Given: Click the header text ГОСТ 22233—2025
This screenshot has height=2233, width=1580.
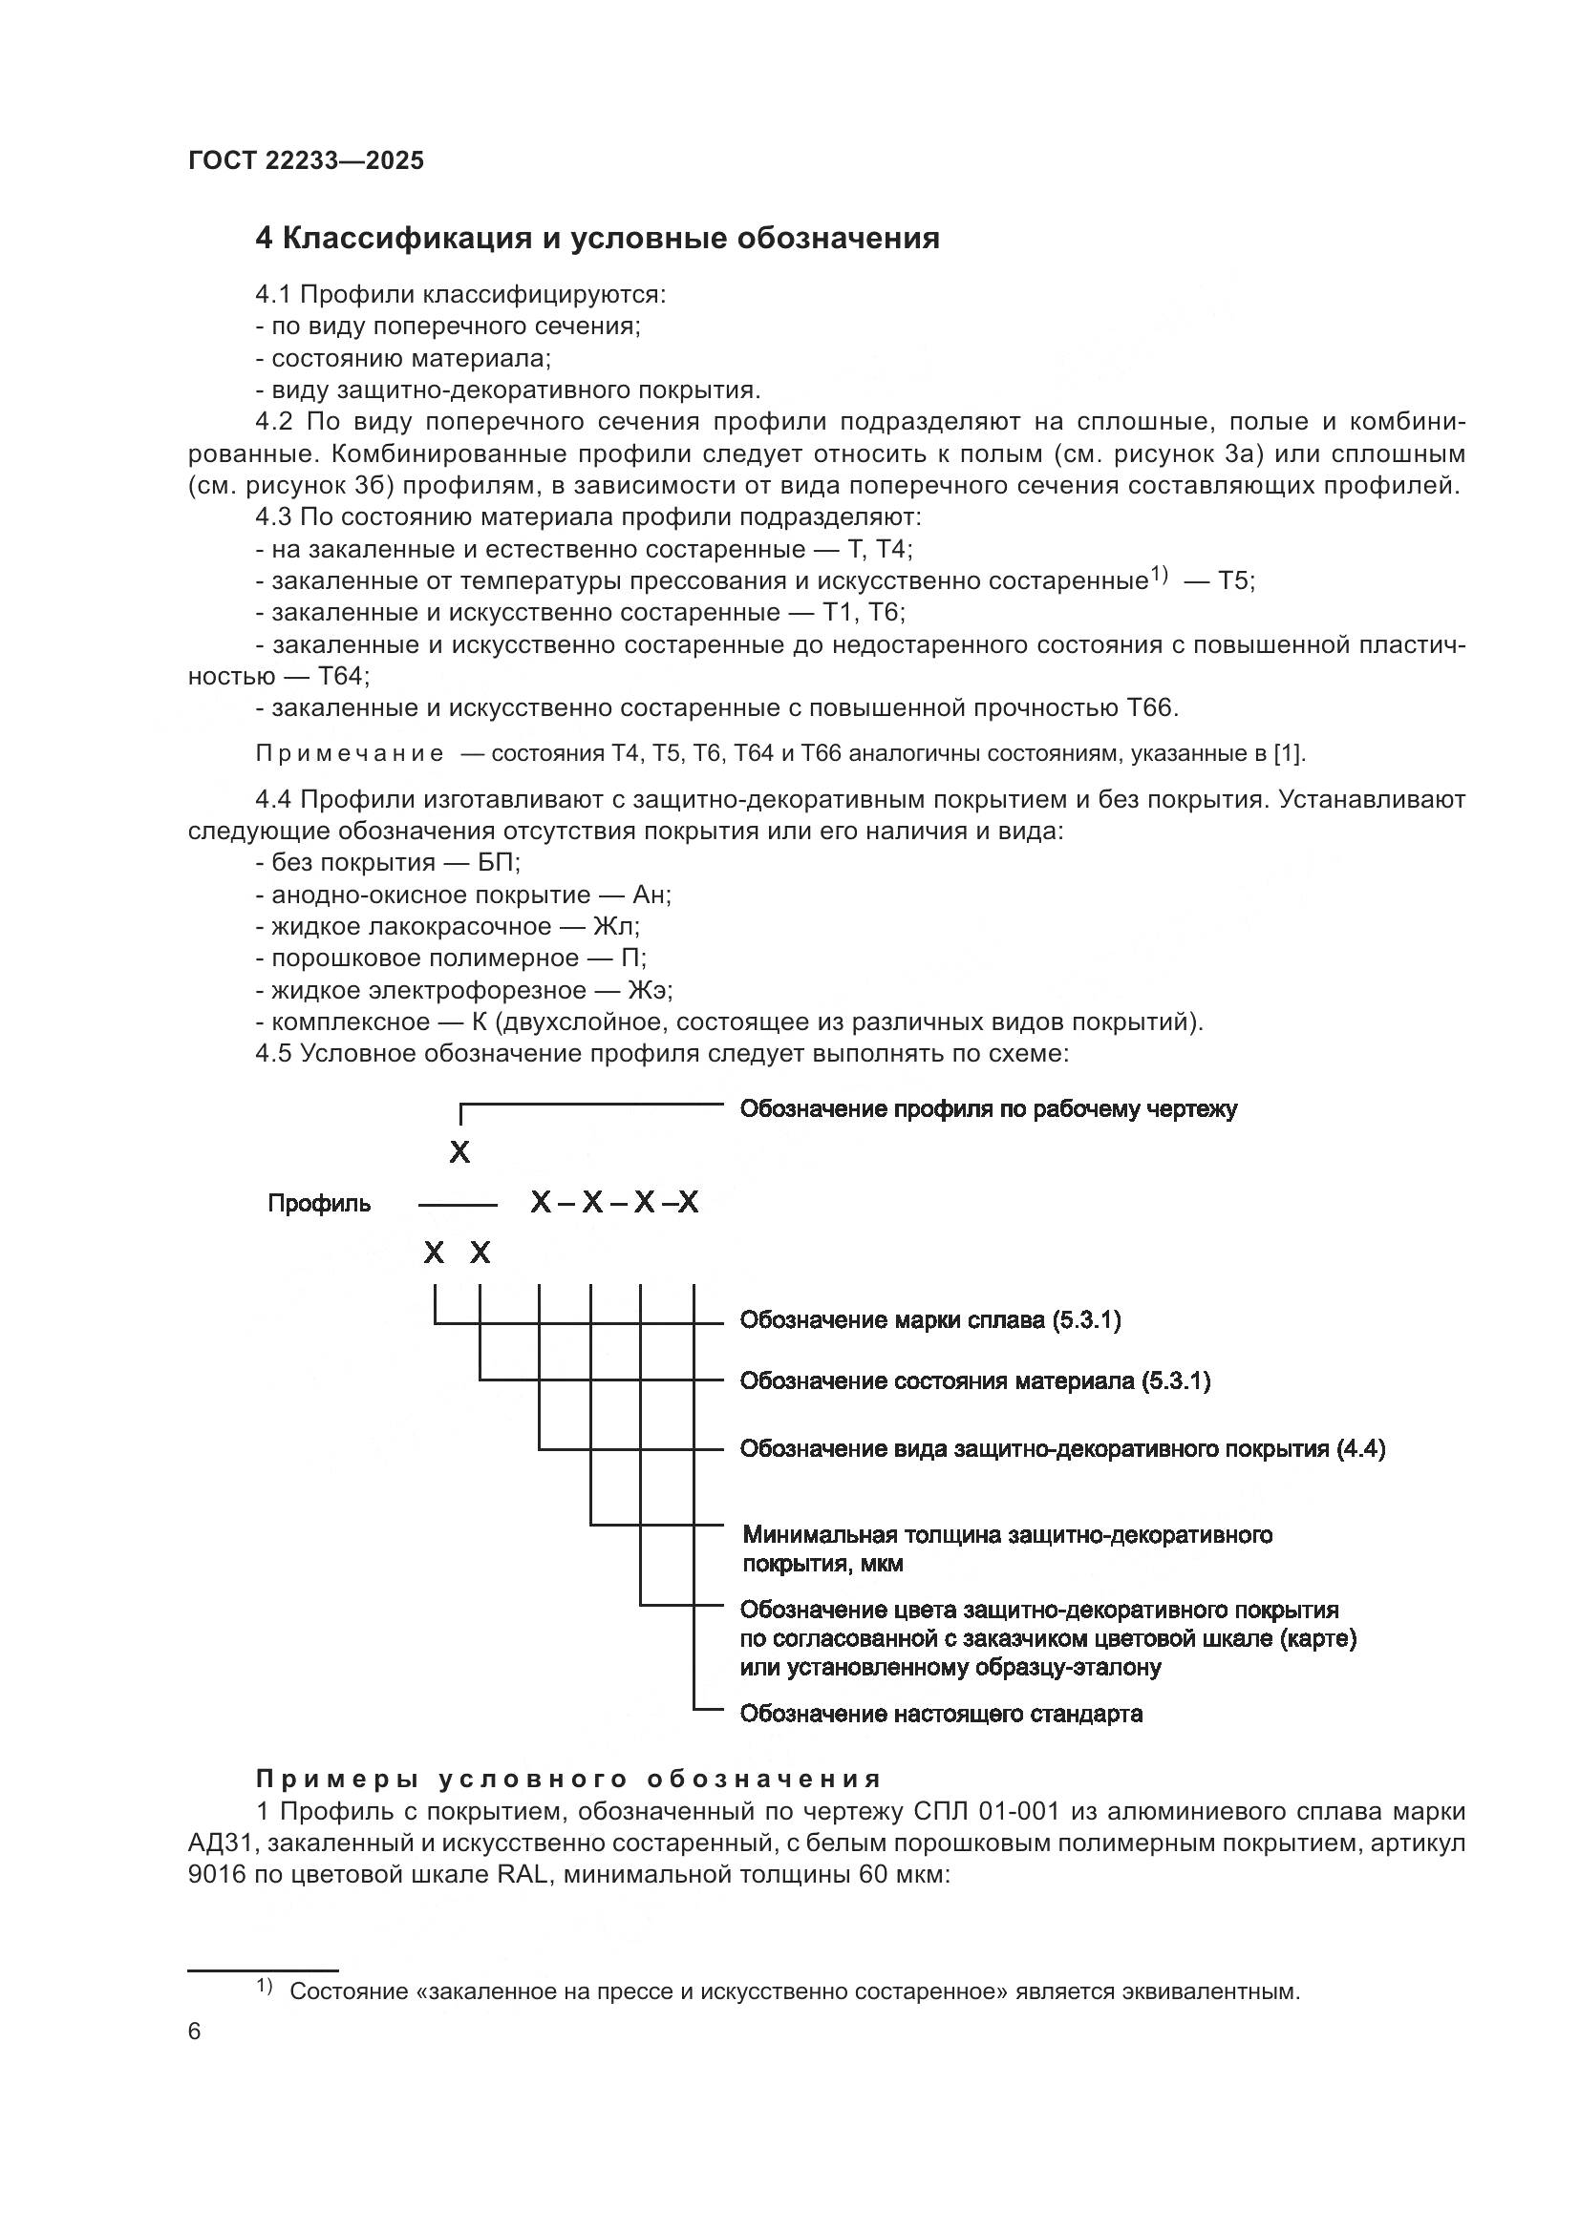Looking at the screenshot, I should [306, 160].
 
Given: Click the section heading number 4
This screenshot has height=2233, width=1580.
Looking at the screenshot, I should [264, 239].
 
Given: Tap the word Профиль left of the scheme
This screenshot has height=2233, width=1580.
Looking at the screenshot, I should [319, 1204].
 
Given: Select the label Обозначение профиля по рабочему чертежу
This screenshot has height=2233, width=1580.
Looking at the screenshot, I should [988, 1109].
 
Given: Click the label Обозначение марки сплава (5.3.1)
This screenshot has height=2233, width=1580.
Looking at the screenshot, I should [930, 1320].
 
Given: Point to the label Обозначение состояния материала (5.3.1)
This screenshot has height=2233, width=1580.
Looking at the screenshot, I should [975, 1381].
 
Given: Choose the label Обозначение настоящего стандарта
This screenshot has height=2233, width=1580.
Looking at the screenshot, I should [941, 1714].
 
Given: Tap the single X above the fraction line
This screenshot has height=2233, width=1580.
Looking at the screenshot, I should [459, 1153].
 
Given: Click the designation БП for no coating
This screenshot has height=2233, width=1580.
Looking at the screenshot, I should [499, 863].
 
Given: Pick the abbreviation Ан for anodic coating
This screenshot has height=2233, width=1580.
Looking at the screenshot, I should [650, 895].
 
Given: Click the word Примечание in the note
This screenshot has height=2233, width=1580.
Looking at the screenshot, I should [350, 754].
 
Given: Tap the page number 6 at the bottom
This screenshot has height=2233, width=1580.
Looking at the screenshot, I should [195, 2031].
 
